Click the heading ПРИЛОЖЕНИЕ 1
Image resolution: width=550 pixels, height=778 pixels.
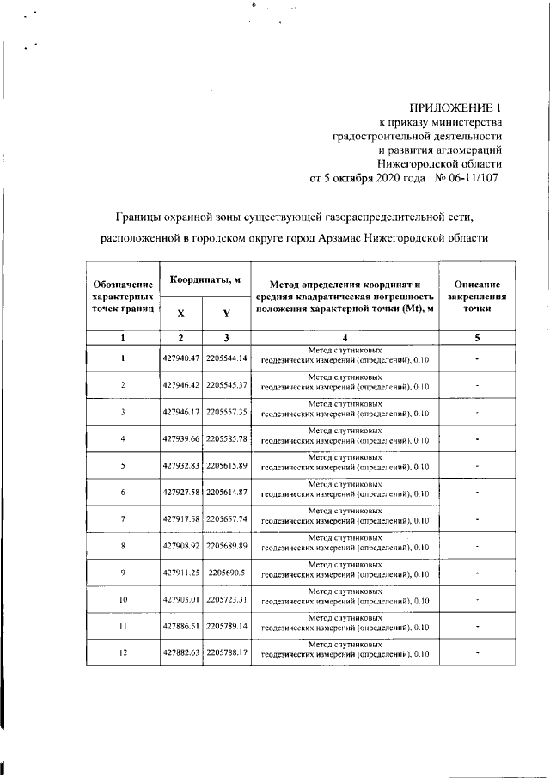tap(455, 108)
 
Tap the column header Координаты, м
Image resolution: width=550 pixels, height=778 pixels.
tap(204, 280)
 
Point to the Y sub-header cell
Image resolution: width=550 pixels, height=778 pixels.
tap(225, 314)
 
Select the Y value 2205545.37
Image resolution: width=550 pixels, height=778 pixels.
tap(226, 384)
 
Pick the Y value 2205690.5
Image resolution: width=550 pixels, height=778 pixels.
tap(226, 573)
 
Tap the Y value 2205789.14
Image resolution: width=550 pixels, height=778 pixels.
tap(226, 627)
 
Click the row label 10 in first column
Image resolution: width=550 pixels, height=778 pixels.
tap(123, 599)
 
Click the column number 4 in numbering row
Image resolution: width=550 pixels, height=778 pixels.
tap(344, 338)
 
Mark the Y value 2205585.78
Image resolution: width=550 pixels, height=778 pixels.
tap(226, 438)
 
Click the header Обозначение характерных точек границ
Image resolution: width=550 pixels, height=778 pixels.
tap(123, 295)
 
